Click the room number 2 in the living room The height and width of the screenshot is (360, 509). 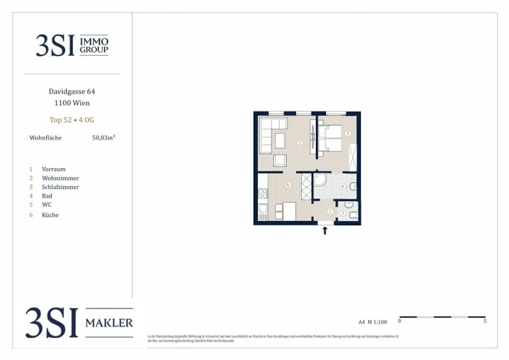300,143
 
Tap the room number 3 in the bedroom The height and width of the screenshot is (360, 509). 348,133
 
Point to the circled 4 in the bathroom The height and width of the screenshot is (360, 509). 342,187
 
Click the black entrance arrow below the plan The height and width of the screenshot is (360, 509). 325,230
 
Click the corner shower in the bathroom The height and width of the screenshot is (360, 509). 321,182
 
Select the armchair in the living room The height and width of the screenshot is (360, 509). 280,161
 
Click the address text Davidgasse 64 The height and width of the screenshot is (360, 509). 72,91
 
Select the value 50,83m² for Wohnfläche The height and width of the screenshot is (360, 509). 103,138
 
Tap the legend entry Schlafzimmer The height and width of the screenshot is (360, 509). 60,187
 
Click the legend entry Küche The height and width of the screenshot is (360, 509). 50,215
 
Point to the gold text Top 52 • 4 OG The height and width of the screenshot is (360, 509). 72,120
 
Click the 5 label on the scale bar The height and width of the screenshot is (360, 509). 485,321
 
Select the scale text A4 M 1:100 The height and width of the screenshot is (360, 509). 372,322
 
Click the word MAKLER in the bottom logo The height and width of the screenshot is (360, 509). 109,323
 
